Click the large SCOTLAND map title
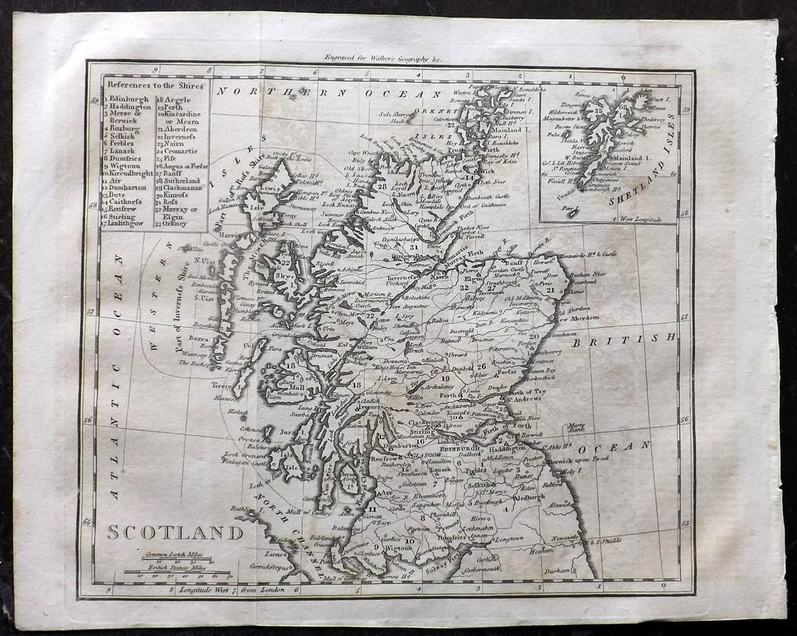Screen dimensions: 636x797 point(175,532)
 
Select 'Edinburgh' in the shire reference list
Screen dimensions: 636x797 point(129,99)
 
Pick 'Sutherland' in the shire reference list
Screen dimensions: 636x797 point(184,181)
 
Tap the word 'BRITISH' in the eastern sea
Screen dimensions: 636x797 point(622,338)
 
